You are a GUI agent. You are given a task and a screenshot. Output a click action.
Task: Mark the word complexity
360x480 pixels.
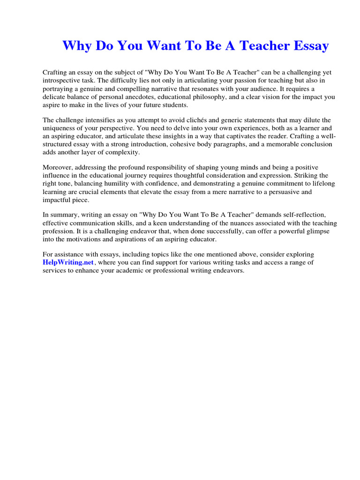(124, 152)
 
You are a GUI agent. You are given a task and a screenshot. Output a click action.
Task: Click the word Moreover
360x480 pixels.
(57, 167)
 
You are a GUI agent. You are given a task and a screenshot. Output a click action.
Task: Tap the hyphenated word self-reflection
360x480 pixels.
(300, 215)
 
